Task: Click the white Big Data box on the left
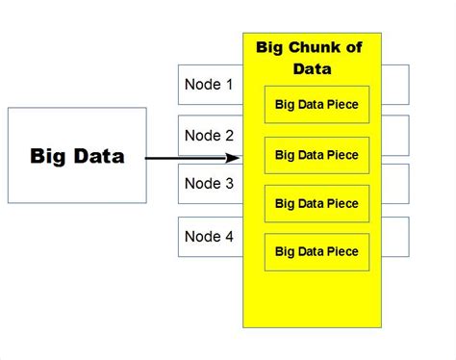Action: (77, 155)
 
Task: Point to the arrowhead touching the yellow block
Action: (234, 158)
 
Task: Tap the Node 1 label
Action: (209, 85)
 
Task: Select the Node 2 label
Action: (209, 136)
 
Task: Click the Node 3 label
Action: (209, 184)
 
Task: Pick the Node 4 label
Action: (209, 236)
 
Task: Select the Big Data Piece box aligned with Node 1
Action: (317, 105)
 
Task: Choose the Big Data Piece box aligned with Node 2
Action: (317, 155)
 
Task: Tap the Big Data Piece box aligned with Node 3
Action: (317, 203)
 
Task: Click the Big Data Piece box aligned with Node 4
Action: (317, 251)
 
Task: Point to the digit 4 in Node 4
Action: (228, 236)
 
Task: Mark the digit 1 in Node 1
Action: (228, 85)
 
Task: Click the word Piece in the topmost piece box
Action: (342, 105)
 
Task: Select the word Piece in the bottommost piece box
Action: (342, 251)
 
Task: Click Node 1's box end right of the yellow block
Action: (395, 85)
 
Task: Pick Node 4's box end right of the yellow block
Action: (395, 237)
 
